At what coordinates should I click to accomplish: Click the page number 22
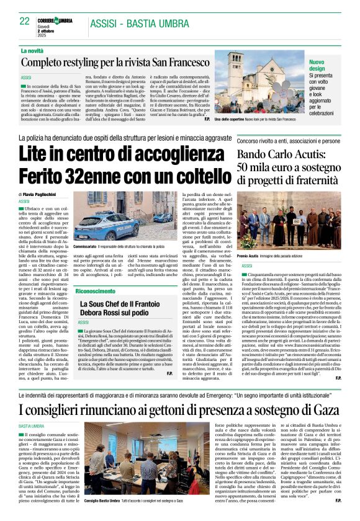pos(25,20)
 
